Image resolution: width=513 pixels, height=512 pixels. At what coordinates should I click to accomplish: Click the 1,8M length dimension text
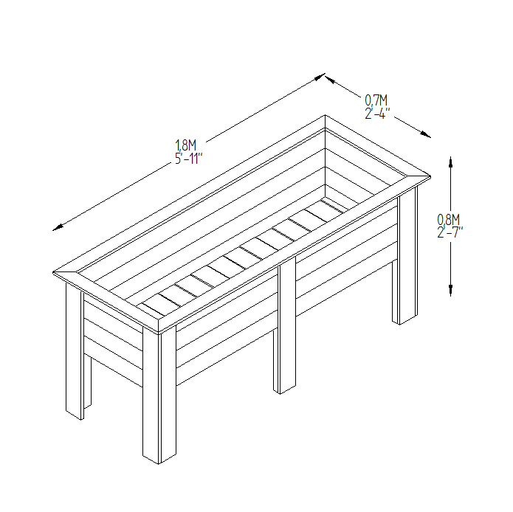185,145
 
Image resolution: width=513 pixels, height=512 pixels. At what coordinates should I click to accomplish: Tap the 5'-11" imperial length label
189,159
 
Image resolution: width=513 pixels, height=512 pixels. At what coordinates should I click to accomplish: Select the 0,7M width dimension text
376,100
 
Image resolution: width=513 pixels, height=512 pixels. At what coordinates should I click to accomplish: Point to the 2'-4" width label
377,114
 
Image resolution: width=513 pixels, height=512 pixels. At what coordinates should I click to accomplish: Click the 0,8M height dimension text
449,219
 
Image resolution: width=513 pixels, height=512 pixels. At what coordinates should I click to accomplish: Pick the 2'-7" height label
450,232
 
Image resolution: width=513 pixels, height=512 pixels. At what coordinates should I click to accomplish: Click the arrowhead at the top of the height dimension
450,162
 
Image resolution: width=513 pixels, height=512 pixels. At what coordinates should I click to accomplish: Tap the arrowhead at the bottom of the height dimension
450,291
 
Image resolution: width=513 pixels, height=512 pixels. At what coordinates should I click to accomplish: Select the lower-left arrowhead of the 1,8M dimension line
58,227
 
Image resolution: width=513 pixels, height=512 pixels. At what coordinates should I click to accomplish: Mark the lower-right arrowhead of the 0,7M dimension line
426,134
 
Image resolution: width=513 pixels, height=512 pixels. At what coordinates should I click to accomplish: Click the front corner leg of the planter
159,395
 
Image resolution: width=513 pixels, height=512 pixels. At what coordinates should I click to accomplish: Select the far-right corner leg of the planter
405,255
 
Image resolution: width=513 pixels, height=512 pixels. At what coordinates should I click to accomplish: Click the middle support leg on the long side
285,325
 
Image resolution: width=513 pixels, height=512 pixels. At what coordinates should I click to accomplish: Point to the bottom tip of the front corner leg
159,464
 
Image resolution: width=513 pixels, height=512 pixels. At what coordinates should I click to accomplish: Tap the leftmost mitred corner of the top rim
53,272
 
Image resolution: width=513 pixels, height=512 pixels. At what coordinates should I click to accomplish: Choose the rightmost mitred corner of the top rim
430,177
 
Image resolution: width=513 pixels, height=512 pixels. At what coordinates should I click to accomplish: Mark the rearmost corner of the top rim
325,115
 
